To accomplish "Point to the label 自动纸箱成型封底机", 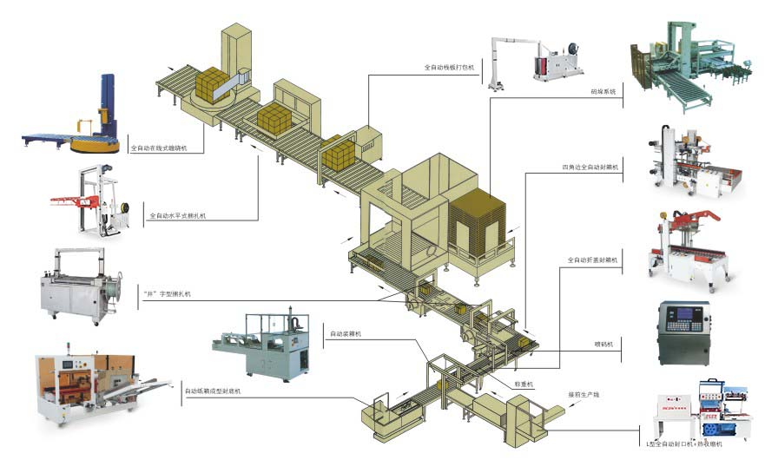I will pos(212,391).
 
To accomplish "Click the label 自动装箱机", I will pos(345,332).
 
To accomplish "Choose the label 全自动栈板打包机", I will pos(449,66).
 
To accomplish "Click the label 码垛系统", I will pos(603,90).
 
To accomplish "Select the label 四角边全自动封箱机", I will pos(590,167).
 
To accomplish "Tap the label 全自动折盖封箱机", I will pos(592,259).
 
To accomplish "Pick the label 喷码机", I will pos(604,344).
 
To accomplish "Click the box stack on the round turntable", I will pos(212,86).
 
